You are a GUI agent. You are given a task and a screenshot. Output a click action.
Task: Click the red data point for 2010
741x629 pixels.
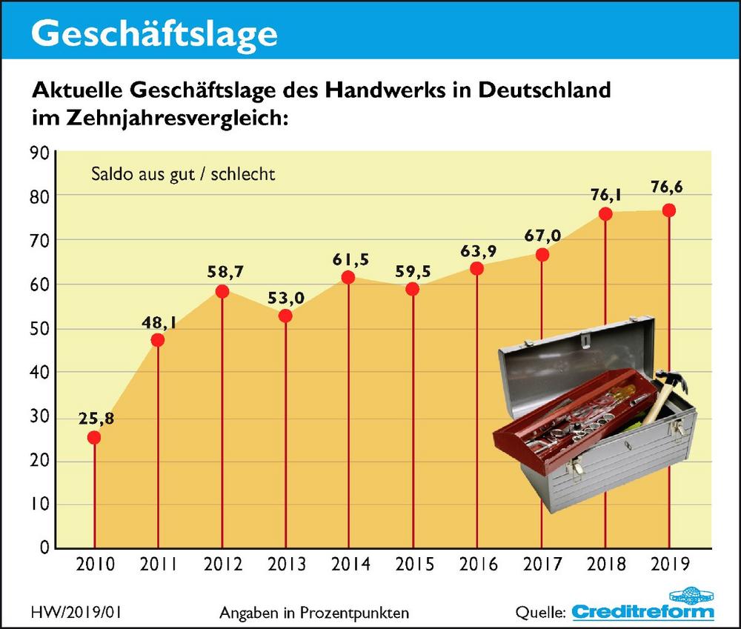(x=94, y=437)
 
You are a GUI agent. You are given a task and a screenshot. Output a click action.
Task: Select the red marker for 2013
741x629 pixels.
(x=285, y=316)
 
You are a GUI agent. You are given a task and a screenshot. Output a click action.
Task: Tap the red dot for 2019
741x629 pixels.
(x=669, y=210)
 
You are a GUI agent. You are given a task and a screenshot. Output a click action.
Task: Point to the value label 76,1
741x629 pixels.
(x=605, y=195)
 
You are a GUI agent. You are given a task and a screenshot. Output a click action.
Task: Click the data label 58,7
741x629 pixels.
(x=223, y=272)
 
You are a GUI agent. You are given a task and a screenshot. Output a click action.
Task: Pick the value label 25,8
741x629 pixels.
(x=95, y=419)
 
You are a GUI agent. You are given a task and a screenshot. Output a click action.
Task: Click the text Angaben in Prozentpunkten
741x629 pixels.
(x=315, y=613)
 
